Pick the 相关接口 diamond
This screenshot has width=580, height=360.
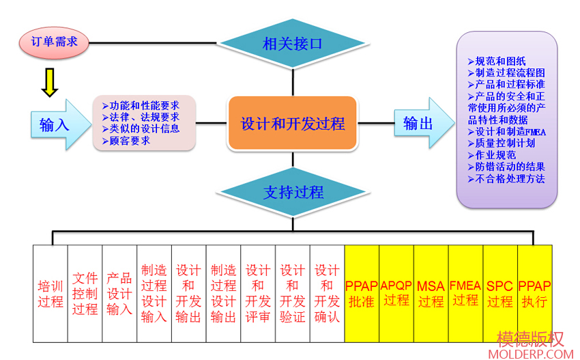tap(293, 44)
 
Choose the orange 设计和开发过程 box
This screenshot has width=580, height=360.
tap(293, 124)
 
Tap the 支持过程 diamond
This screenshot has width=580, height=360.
tap(293, 192)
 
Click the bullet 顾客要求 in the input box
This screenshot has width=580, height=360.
tap(130, 141)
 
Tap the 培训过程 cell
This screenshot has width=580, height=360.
tap(50, 293)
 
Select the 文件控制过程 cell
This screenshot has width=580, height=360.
tap(85, 293)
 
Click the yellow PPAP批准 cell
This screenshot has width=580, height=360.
tap(362, 293)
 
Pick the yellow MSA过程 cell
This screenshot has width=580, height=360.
tap(431, 293)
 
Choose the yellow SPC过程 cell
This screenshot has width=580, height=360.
tap(500, 293)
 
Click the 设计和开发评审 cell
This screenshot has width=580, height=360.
tap(258, 293)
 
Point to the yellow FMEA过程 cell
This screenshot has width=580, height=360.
tap(466, 293)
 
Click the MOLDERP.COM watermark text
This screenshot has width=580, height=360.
tap(531, 354)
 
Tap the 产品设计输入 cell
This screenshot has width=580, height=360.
tap(119, 293)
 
